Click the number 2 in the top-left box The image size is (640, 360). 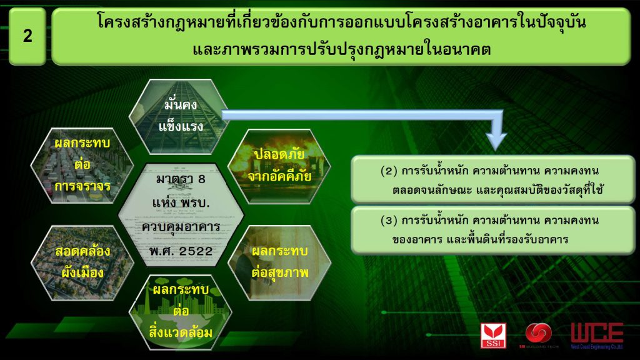27,36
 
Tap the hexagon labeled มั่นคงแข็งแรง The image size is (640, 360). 180,117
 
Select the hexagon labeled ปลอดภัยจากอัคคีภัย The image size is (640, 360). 279,166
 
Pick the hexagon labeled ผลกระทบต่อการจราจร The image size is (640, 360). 82,166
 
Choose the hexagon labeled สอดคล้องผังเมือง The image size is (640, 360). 82,262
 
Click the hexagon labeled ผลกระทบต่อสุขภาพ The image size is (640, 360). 279,262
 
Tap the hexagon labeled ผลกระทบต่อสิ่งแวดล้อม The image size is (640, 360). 180,312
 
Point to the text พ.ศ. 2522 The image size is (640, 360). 181,251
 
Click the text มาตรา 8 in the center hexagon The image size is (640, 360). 181,179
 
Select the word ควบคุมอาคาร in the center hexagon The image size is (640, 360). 181,227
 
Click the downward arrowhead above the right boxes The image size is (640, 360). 496,141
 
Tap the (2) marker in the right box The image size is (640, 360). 389,171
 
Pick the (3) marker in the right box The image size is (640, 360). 389,221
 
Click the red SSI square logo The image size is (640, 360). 493,336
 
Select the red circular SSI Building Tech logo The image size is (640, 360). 538,333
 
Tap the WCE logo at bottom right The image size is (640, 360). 597,336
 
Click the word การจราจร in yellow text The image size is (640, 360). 82,186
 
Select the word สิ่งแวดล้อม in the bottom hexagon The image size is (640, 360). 180,332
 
